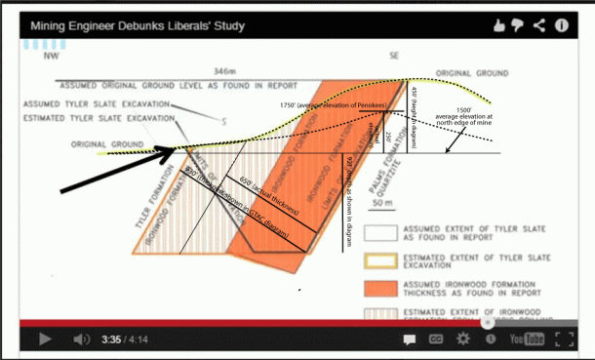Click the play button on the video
(x=45, y=340)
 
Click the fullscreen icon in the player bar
(x=562, y=340)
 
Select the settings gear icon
(x=462, y=340)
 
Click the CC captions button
(x=437, y=340)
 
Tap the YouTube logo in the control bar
(x=524, y=340)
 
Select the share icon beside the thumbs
(x=539, y=24)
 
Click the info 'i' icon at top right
(x=563, y=24)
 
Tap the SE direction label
(x=392, y=58)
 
